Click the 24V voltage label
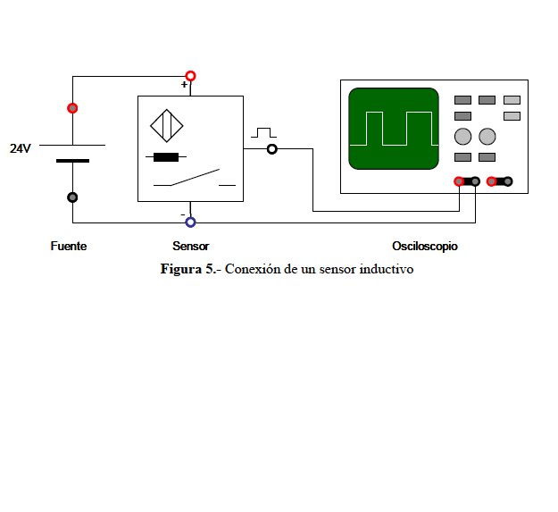coord(21,148)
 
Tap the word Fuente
coord(69,246)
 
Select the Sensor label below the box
coord(191,246)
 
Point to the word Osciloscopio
coord(425,246)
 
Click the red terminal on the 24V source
coord(72,108)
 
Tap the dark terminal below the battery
coord(72,197)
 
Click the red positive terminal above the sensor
coord(191,76)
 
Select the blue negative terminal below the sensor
coord(191,222)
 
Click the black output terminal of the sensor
coord(272,149)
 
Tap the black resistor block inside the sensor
coord(166,157)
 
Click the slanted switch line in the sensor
coord(195,177)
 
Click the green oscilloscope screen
coord(394,129)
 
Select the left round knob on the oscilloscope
coord(463,137)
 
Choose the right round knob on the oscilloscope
coord(487,137)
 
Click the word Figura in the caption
coord(181,270)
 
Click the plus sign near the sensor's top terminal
coord(184,84)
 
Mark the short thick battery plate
coord(72,161)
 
